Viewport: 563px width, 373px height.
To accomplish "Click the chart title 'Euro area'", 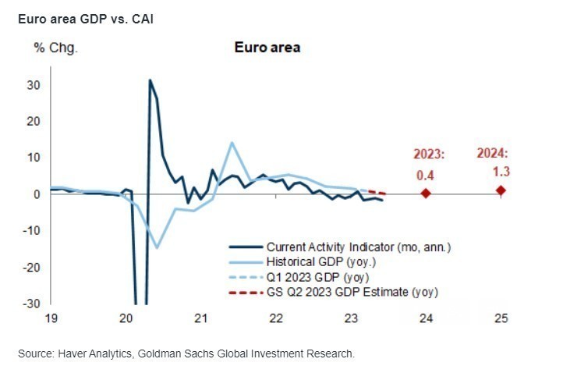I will [267, 48].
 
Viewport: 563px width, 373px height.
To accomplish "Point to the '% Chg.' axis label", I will [55, 48].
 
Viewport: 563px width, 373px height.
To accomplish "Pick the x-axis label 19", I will [51, 318].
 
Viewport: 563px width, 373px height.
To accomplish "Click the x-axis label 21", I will [200, 318].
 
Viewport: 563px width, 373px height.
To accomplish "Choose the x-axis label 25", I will [501, 318].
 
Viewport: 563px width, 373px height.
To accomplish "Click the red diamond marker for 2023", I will [426, 193].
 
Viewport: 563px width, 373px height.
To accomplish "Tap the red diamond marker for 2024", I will [501, 190].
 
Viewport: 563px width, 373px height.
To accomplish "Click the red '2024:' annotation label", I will [492, 154].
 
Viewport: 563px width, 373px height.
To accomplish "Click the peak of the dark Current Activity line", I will [150, 80].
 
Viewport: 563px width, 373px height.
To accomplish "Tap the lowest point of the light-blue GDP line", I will [157, 247].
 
